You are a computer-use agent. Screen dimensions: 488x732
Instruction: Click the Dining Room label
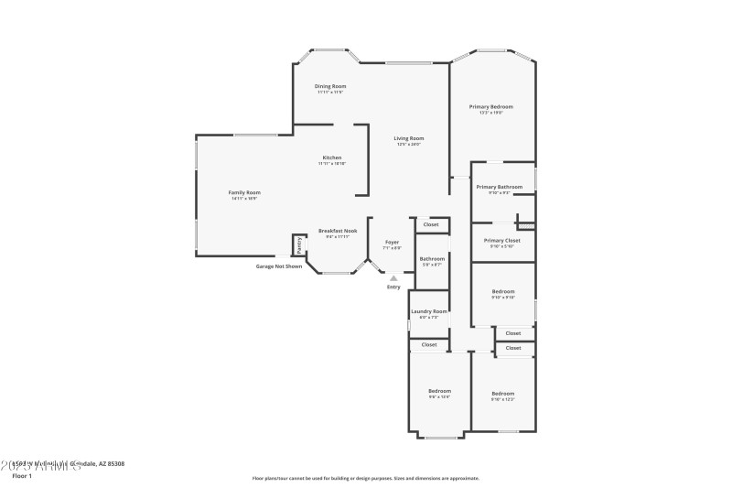click(331, 86)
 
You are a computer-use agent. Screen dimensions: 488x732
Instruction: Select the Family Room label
click(244, 192)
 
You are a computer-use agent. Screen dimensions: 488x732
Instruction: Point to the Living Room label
click(409, 138)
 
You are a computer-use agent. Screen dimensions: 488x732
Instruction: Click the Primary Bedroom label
click(491, 107)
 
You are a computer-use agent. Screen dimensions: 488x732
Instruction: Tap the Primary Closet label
click(502, 240)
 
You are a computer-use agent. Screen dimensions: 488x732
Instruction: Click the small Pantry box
click(298, 244)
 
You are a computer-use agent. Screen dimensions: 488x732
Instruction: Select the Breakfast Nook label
click(338, 231)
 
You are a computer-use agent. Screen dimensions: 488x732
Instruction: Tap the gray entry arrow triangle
click(393, 277)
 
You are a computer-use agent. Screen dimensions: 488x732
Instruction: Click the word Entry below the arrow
click(393, 287)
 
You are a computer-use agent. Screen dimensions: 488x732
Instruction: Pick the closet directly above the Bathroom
click(431, 224)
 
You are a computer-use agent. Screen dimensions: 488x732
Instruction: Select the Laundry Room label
click(428, 311)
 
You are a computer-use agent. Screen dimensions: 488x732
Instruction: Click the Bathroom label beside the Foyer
click(432, 259)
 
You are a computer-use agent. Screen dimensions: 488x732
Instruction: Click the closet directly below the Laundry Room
click(429, 345)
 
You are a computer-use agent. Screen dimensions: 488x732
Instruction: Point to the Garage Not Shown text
click(278, 266)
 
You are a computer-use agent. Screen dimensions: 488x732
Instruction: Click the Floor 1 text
click(22, 476)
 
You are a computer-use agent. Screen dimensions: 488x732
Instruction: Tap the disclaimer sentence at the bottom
click(365, 478)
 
